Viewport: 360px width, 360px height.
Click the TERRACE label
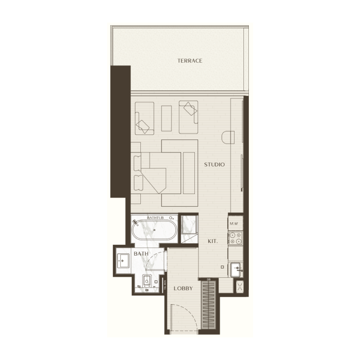(189, 61)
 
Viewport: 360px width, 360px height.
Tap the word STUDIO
(214, 165)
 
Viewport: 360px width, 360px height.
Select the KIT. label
(213, 242)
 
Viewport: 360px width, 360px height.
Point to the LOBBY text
(183, 288)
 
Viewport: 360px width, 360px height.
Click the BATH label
(141, 254)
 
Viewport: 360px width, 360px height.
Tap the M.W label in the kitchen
(234, 224)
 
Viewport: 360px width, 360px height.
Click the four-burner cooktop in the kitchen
(235, 238)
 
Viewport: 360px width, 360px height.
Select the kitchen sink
(236, 270)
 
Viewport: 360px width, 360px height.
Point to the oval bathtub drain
(154, 230)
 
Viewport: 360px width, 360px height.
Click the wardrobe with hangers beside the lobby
(208, 308)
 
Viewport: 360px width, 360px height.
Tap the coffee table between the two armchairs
(166, 118)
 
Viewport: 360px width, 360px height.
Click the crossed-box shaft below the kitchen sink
(239, 287)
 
